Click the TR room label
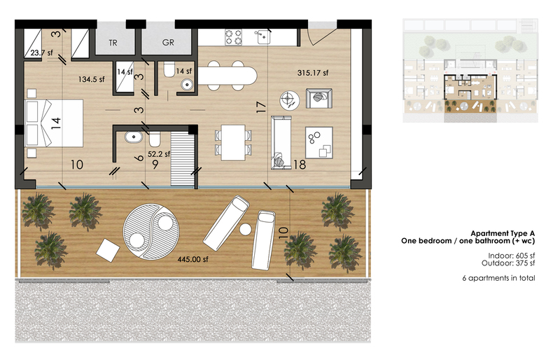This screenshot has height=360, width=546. pyautogui.click(x=113, y=43)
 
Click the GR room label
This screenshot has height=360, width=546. pyautogui.click(x=168, y=43)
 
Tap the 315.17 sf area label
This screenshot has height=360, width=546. pyautogui.click(x=313, y=73)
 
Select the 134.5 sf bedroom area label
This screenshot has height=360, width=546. pyautogui.click(x=91, y=79)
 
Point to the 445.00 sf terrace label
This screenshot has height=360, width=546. pyautogui.click(x=192, y=259)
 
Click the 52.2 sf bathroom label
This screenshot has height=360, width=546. pyautogui.click(x=159, y=153)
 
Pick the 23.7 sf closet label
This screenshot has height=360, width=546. pyautogui.click(x=41, y=53)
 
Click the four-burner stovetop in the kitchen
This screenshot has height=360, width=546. pyautogui.click(x=233, y=37)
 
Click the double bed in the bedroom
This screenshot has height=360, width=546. pyautogui.click(x=54, y=123)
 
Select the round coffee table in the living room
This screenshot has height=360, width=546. pyautogui.click(x=290, y=100)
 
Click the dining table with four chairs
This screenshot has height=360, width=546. pyautogui.click(x=233, y=143)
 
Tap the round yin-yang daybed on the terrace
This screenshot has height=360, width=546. pyautogui.click(x=151, y=230)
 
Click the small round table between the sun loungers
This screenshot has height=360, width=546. pyautogui.click(x=246, y=229)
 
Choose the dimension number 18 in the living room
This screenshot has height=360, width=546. pyautogui.click(x=300, y=165)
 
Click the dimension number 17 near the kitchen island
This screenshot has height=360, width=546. pyautogui.click(x=261, y=106)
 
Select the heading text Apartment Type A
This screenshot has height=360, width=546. pyautogui.click(x=503, y=233)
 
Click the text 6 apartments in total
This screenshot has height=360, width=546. pyautogui.click(x=498, y=278)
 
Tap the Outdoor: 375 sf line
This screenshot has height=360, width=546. pyautogui.click(x=508, y=263)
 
